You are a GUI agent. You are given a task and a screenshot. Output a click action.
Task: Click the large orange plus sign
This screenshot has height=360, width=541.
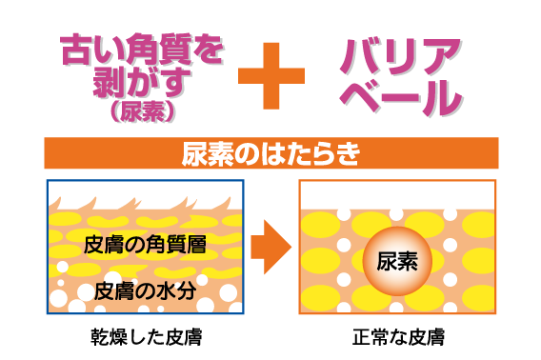point(271,75)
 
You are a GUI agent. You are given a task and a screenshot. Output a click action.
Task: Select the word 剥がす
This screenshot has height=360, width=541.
point(143,83)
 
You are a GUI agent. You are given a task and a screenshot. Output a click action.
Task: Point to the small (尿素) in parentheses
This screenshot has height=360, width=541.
point(143,112)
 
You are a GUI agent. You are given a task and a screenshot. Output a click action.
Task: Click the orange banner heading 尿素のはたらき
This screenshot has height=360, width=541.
point(270,153)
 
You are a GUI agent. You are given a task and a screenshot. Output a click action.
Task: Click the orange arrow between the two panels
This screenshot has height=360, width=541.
point(270,248)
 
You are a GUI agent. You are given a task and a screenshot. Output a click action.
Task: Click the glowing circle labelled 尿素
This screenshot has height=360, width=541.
point(397,260)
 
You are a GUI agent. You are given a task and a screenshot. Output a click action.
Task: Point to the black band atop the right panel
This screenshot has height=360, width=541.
point(397,195)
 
